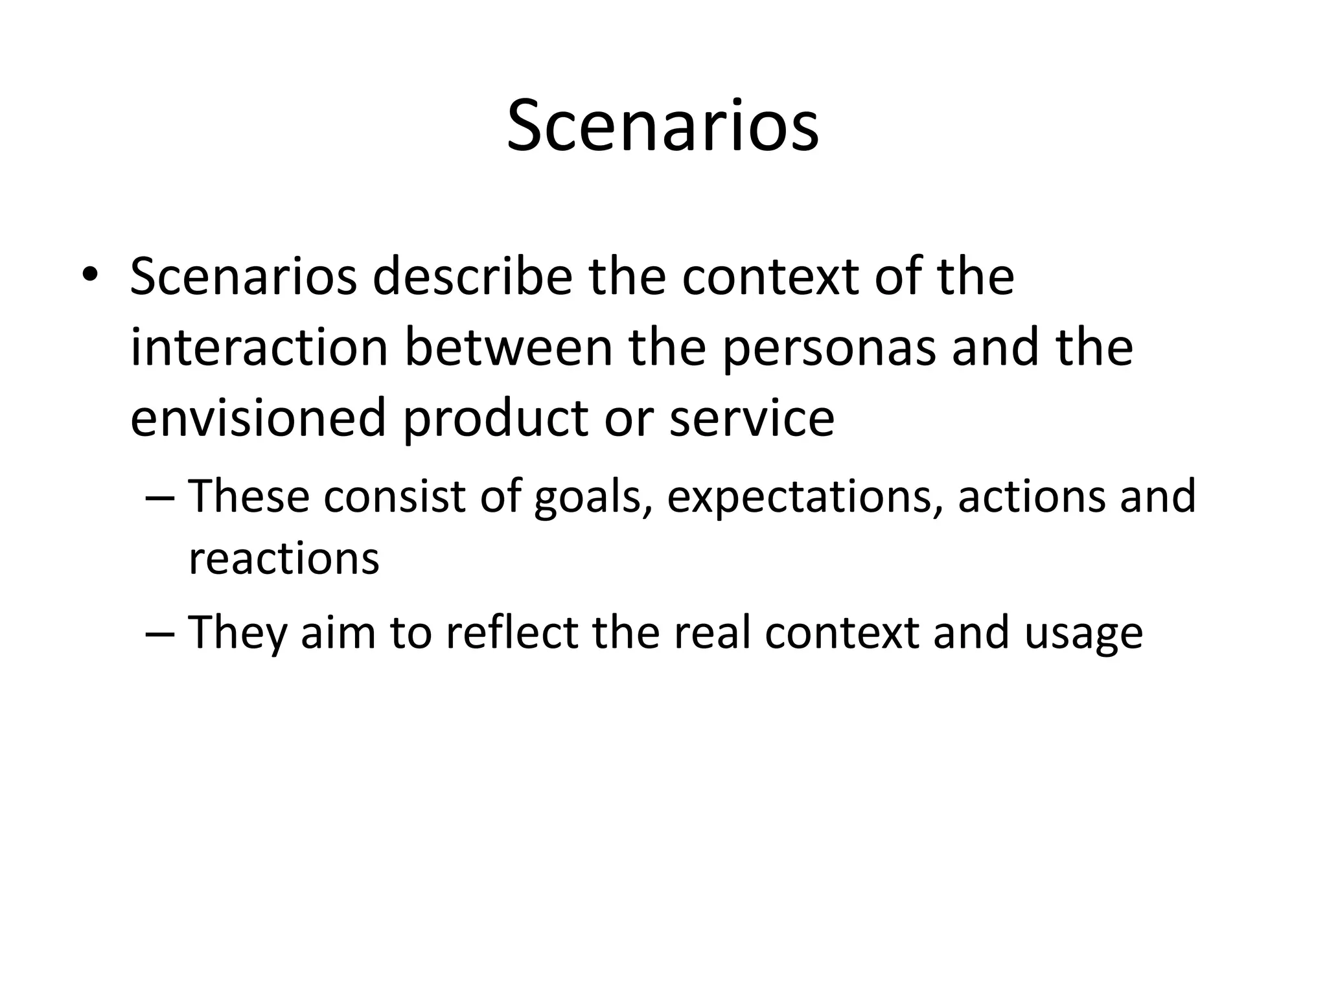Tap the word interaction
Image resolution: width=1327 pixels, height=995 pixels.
[x=259, y=347]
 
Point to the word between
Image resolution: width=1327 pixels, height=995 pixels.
[x=509, y=347]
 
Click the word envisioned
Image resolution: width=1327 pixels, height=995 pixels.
[x=258, y=418]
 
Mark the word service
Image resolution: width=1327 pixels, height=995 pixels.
[x=752, y=418]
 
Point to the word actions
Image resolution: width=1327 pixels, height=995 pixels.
[x=1030, y=496]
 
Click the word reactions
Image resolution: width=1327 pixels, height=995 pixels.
[x=283, y=558]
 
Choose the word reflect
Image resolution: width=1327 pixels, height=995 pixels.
[x=511, y=632]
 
